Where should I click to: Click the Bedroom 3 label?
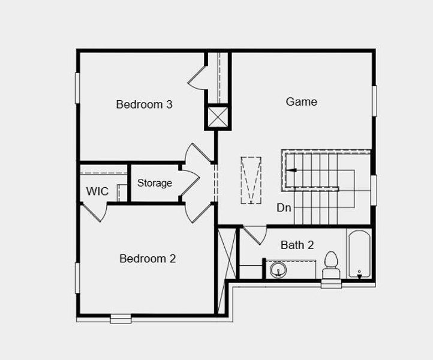pyautogui.click(x=144, y=104)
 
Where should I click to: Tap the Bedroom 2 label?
pyautogui.click(x=148, y=259)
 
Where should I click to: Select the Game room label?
pyautogui.click(x=301, y=101)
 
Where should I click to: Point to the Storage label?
pyautogui.click(x=155, y=183)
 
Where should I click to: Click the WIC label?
pyautogui.click(x=97, y=191)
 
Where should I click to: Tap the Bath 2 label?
pyautogui.click(x=297, y=245)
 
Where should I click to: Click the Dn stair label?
pyautogui.click(x=284, y=208)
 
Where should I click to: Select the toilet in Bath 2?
pyautogui.click(x=331, y=265)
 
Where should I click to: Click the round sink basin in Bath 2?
pyautogui.click(x=278, y=270)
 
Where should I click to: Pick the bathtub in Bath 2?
pyautogui.click(x=359, y=254)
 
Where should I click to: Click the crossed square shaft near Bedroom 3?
pyautogui.click(x=218, y=116)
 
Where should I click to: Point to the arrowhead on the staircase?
pyautogui.click(x=291, y=170)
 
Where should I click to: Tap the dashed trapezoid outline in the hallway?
pyautogui.click(x=251, y=180)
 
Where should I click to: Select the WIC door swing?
pyautogui.click(x=95, y=212)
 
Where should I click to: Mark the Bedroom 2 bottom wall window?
pyautogui.click(x=121, y=319)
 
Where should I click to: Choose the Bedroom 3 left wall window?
pyautogui.click(x=77, y=88)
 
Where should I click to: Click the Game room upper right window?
pyautogui.click(x=374, y=101)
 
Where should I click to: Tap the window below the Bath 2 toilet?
pyautogui.click(x=331, y=284)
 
